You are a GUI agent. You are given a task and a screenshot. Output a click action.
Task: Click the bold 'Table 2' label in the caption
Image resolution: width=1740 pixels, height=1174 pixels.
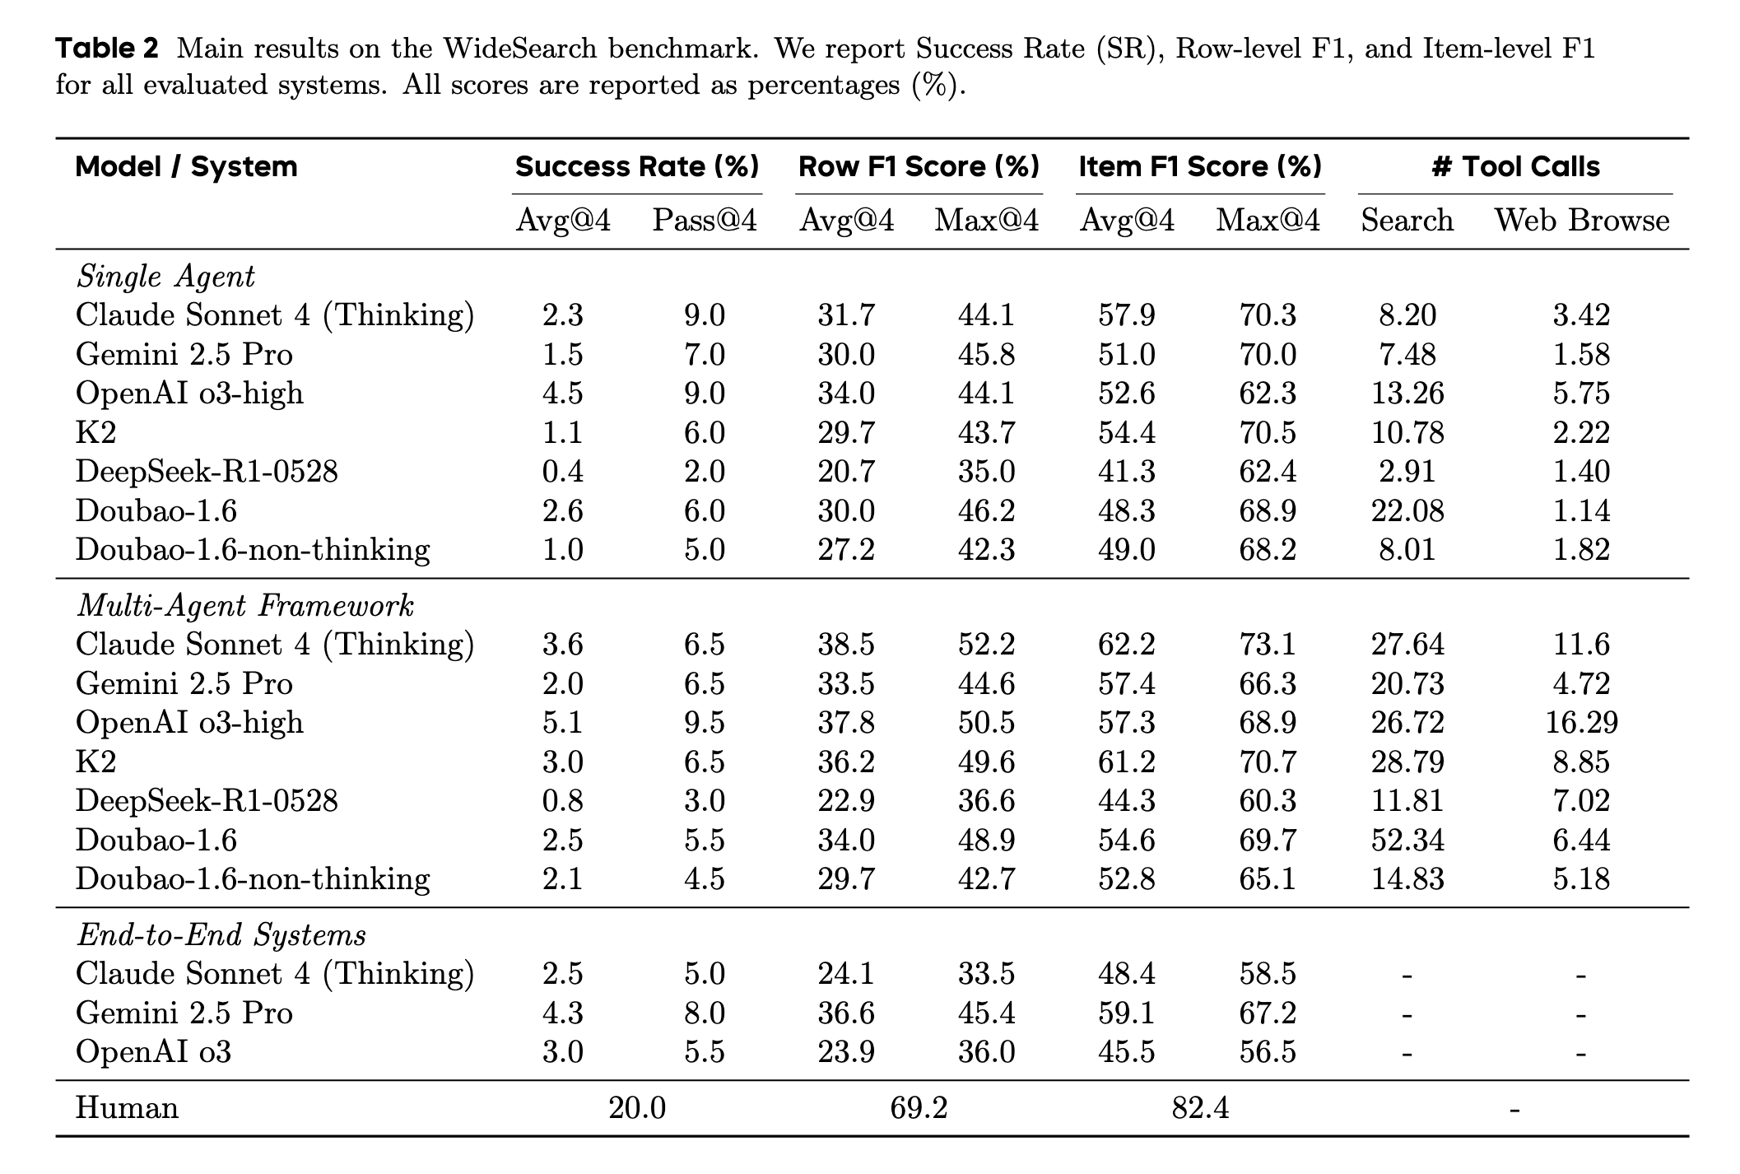(x=107, y=49)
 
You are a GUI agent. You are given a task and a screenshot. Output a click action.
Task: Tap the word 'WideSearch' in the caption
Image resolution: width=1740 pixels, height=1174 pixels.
(x=520, y=49)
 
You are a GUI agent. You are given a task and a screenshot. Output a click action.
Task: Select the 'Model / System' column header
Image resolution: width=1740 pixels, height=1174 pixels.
(x=186, y=167)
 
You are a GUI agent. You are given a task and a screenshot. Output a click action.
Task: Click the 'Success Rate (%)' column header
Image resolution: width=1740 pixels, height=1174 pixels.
(x=637, y=167)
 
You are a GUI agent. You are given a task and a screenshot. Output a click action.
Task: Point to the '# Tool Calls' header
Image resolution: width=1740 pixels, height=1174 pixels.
(x=1515, y=167)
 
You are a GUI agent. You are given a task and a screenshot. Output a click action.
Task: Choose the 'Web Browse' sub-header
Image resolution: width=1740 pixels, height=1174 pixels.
(x=1582, y=221)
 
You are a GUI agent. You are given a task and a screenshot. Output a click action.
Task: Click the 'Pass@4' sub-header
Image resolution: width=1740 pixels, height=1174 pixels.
(x=705, y=221)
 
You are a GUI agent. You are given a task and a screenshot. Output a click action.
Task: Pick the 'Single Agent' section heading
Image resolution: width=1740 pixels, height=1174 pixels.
(x=165, y=277)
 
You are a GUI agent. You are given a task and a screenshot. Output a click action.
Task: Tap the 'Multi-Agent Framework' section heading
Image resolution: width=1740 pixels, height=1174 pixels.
(x=245, y=606)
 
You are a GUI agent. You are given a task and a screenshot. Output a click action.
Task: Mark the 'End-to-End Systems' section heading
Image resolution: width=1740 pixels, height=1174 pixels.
(x=221, y=935)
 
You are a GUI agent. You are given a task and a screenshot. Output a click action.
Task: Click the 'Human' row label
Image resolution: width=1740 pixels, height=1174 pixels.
(x=127, y=1107)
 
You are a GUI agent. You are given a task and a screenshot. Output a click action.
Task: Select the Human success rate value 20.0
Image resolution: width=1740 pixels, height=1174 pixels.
(x=637, y=1108)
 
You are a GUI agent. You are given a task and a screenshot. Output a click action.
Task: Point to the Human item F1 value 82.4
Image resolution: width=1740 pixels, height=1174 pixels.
(x=1200, y=1108)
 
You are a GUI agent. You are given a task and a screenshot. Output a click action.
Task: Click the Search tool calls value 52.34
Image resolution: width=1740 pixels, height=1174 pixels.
(x=1407, y=841)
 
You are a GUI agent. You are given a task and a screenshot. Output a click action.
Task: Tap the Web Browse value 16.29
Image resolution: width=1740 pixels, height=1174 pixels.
(x=1582, y=723)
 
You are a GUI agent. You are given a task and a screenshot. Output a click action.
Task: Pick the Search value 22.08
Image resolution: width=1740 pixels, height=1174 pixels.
(x=1407, y=511)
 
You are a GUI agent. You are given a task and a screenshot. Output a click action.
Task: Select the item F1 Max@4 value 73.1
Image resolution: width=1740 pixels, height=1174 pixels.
(x=1268, y=645)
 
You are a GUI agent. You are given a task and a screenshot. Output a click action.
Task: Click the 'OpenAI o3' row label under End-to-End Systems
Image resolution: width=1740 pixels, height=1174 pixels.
(x=153, y=1052)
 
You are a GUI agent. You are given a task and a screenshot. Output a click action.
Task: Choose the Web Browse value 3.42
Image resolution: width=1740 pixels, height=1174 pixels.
(x=1582, y=315)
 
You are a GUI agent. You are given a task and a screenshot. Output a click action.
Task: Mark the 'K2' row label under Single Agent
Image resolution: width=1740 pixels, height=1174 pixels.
(x=95, y=433)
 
